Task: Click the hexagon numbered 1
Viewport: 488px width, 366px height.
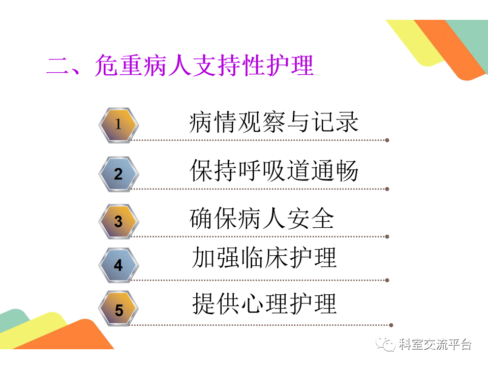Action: [x=118, y=125]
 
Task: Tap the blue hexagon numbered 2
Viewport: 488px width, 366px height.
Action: [x=118, y=174]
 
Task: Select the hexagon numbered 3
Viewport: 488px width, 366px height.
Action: [x=118, y=222]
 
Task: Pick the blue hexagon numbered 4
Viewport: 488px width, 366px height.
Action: [x=118, y=265]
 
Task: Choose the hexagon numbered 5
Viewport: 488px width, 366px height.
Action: [x=118, y=309]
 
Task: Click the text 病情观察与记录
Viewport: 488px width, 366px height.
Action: [x=274, y=122]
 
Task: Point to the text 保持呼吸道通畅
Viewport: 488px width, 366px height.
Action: [x=274, y=171]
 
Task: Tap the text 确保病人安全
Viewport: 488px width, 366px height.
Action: [x=262, y=219]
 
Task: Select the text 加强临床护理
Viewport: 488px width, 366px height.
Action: [x=264, y=258]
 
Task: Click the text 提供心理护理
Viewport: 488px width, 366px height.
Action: [x=264, y=304]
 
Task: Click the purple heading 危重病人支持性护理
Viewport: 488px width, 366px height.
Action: [x=204, y=65]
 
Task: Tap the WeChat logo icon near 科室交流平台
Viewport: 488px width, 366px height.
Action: [x=385, y=344]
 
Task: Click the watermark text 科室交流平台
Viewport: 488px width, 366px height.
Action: [x=435, y=344]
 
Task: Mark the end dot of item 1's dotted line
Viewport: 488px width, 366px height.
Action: [x=387, y=140]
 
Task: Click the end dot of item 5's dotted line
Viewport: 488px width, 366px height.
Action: [x=391, y=325]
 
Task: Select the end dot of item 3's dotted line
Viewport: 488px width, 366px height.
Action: [x=387, y=237]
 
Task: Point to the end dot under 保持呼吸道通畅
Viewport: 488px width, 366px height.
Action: [x=387, y=189]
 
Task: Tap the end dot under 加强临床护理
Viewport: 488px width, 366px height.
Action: [x=387, y=281]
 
